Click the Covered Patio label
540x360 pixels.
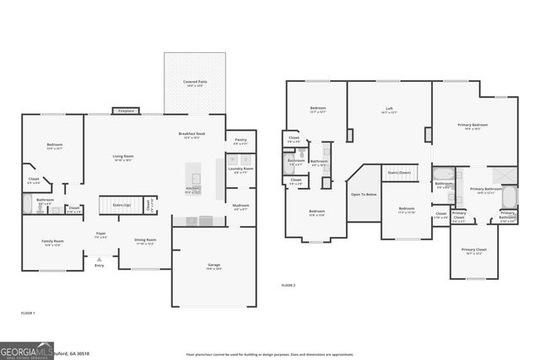pos(197,82)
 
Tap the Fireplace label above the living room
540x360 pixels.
pos(127,110)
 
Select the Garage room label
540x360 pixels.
pos(214,265)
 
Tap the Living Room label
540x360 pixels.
pos(124,156)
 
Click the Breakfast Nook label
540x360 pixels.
pos(193,134)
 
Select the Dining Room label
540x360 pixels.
pos(145,240)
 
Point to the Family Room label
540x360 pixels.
pos(53,241)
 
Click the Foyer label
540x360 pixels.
pos(100,233)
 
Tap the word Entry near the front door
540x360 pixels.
pos(99,265)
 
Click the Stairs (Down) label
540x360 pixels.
pos(398,172)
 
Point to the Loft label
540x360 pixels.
pos(389,108)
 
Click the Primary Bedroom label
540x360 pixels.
pos(472,125)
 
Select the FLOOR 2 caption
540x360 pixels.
pos(289,286)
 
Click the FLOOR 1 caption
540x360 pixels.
pos(28,313)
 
